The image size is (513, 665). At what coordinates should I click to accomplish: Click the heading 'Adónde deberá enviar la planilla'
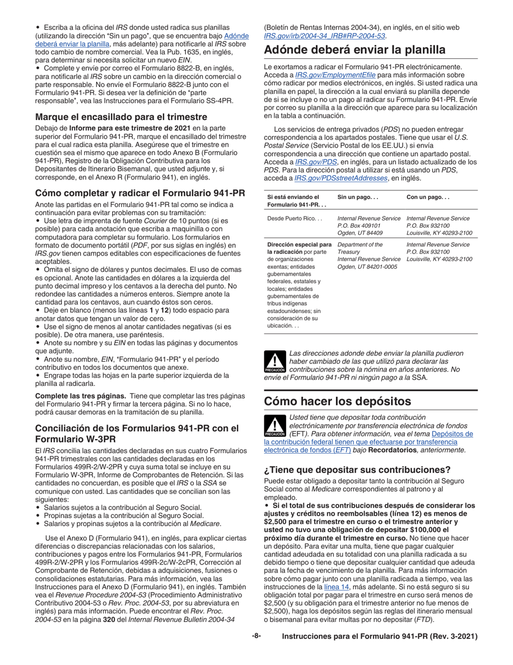click(x=354, y=50)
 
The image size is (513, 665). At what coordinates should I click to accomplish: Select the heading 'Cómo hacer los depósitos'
click(x=337, y=401)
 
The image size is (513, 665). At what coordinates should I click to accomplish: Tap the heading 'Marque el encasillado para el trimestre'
click(x=121, y=117)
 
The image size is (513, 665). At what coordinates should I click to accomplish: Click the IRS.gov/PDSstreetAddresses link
click(x=341, y=178)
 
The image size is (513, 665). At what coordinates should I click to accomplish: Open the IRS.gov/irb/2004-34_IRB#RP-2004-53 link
click(x=325, y=36)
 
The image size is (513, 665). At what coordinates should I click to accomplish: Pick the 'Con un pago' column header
click(x=428, y=197)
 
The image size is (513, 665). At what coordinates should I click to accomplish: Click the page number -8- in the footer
click(x=256, y=636)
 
